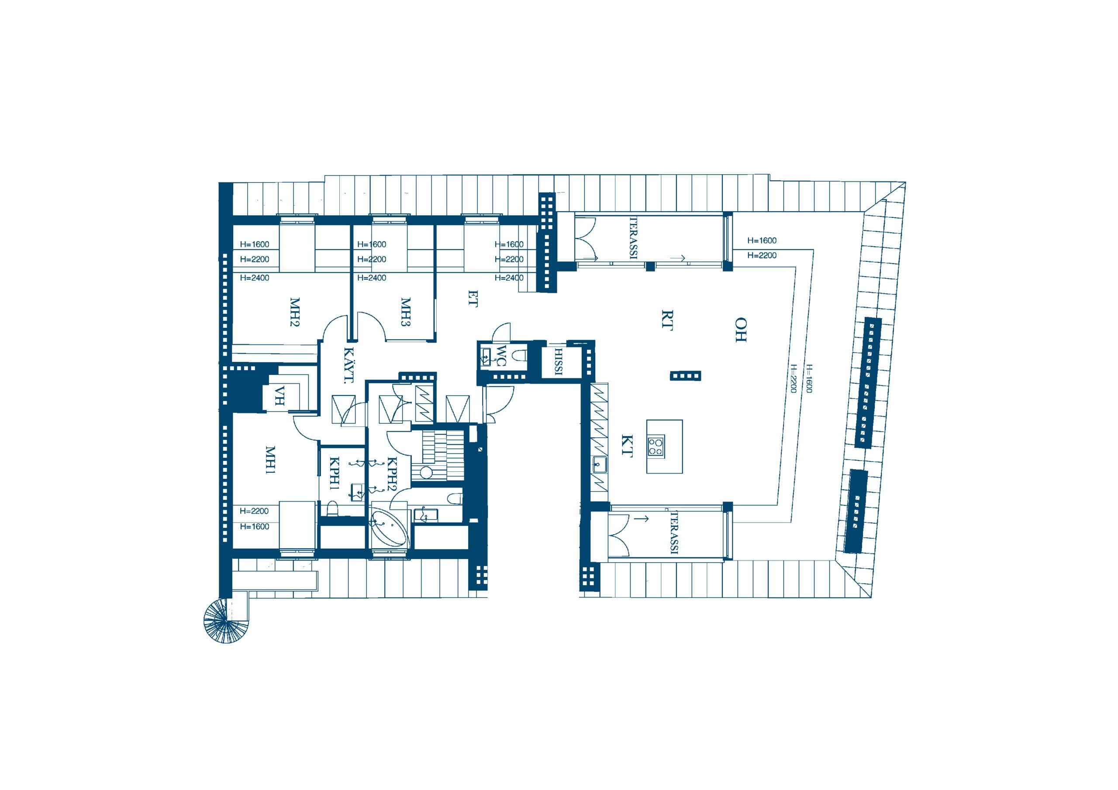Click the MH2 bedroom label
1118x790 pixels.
[294, 313]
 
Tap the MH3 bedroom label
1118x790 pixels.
[406, 313]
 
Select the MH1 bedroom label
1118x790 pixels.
[270, 461]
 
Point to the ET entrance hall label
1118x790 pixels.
[473, 299]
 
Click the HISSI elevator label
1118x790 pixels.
[559, 362]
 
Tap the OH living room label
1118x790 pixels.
[741, 330]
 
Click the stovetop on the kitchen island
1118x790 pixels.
[656, 446]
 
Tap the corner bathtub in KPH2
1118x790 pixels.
[388, 529]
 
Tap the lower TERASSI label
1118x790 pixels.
[674, 532]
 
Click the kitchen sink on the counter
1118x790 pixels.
[599, 465]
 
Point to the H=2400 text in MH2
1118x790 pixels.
[255, 278]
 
